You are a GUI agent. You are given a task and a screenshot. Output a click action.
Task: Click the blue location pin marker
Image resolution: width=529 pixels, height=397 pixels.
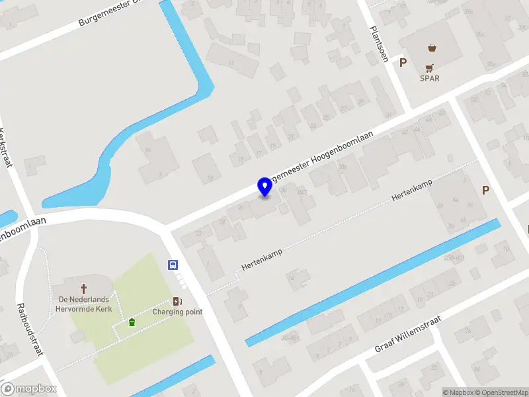click(x=264, y=187)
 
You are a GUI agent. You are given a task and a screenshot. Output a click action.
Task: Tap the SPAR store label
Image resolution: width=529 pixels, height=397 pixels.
click(x=430, y=78)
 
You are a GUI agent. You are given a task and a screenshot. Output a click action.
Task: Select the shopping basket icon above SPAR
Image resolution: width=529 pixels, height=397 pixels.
click(x=432, y=48)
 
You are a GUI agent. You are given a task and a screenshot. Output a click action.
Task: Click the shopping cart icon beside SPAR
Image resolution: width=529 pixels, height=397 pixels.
click(x=430, y=67)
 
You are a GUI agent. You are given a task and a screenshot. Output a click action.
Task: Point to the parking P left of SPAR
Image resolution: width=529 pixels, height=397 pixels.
click(x=403, y=62)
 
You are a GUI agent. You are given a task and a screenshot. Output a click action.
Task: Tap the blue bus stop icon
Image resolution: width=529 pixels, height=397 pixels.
click(x=173, y=265)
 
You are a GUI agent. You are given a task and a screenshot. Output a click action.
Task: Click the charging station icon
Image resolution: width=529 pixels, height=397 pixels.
click(x=177, y=301)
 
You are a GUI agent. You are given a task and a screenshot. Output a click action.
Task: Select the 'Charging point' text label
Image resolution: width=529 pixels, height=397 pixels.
click(x=177, y=312)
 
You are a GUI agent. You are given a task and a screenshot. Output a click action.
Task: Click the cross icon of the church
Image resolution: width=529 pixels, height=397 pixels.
click(x=84, y=288)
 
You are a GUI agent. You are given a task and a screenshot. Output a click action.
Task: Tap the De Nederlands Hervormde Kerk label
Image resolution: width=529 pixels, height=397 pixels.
click(x=84, y=304)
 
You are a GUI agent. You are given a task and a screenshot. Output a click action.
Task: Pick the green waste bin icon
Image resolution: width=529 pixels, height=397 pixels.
click(x=132, y=322)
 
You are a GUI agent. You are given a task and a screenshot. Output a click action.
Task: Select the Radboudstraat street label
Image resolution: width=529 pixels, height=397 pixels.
click(x=29, y=330)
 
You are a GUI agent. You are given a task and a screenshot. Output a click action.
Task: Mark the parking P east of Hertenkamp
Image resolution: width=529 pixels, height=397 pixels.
click(x=485, y=191)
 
